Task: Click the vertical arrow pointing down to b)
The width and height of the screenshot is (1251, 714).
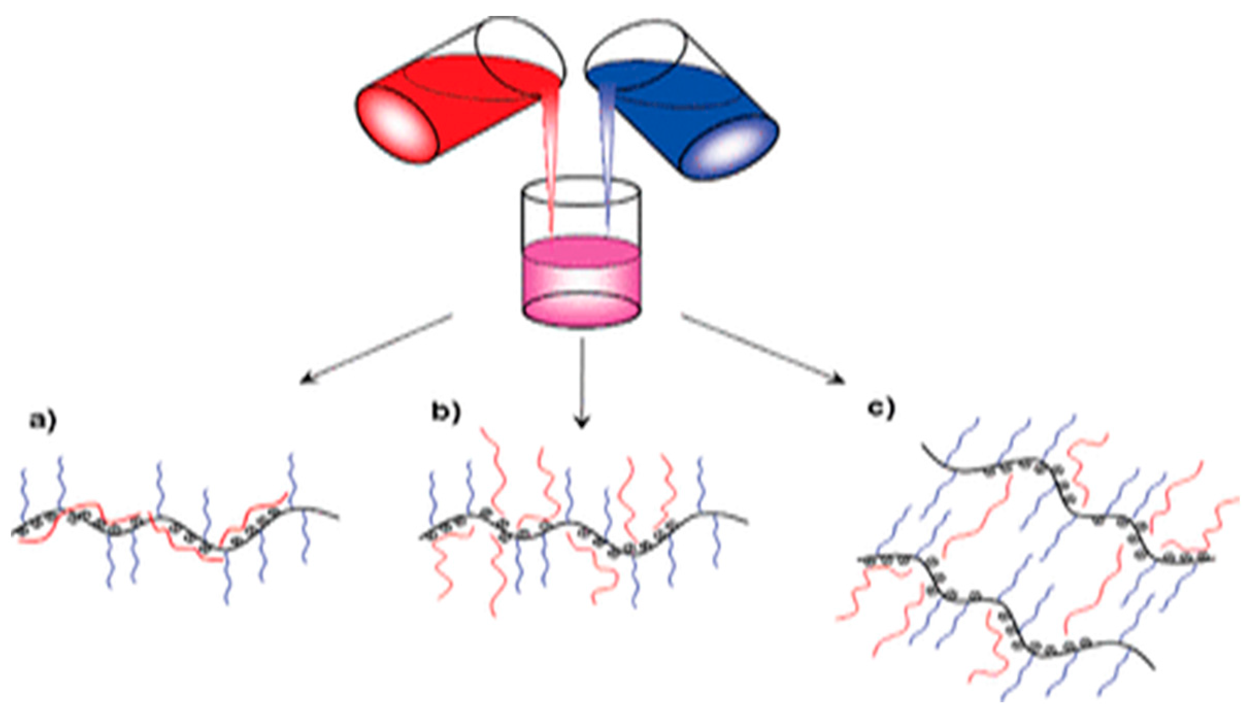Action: (582, 381)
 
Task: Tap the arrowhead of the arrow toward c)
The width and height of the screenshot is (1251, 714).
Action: (837, 380)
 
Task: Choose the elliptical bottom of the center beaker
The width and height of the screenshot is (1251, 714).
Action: (581, 309)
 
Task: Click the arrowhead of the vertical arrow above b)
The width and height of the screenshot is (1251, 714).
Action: (582, 422)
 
